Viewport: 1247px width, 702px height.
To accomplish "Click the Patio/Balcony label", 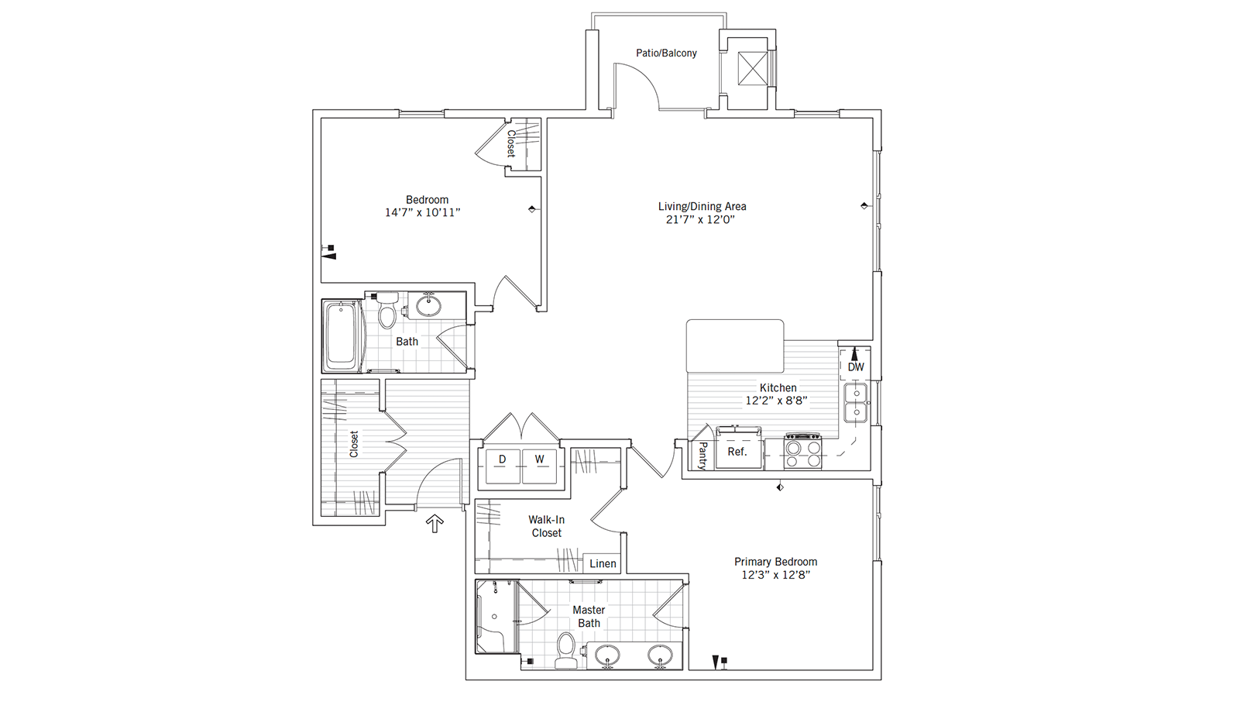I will (666, 53).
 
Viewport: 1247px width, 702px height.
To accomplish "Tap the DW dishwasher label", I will (855, 366).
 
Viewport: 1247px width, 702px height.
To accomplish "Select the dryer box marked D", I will (503, 466).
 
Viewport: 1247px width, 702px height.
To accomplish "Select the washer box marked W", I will (540, 466).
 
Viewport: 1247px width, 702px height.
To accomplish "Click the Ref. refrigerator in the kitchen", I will (737, 450).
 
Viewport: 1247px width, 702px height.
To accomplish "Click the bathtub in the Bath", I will (342, 336).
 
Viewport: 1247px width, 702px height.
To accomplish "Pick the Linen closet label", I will (603, 563).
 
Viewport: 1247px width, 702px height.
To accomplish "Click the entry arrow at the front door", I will (435, 524).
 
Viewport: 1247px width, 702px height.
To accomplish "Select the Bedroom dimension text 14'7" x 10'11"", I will (422, 212).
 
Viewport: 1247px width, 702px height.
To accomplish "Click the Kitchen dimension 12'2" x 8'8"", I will (776, 401).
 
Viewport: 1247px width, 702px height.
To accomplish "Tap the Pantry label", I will (703, 456).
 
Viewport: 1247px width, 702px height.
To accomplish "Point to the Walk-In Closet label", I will (546, 526).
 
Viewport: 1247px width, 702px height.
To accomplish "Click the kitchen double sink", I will (856, 402).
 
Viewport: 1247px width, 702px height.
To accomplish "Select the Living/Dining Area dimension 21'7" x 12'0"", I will (700, 219).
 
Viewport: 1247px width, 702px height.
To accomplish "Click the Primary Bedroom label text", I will (775, 562).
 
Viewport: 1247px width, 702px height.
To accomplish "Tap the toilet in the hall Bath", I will (387, 313).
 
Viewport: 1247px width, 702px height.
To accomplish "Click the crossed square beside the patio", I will (751, 68).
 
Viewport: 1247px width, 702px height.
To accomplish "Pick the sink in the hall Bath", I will (428, 305).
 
